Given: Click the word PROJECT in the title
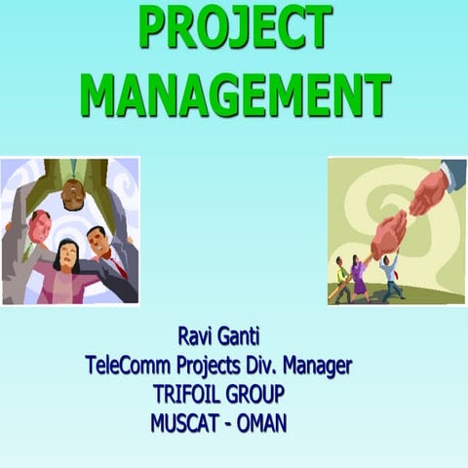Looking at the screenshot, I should (234, 27).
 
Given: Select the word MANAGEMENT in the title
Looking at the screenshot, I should (234, 94).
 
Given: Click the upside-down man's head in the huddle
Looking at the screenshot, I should (73, 196).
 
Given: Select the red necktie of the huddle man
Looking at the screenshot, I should (114, 261).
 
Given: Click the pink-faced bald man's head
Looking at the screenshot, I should (36, 227).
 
